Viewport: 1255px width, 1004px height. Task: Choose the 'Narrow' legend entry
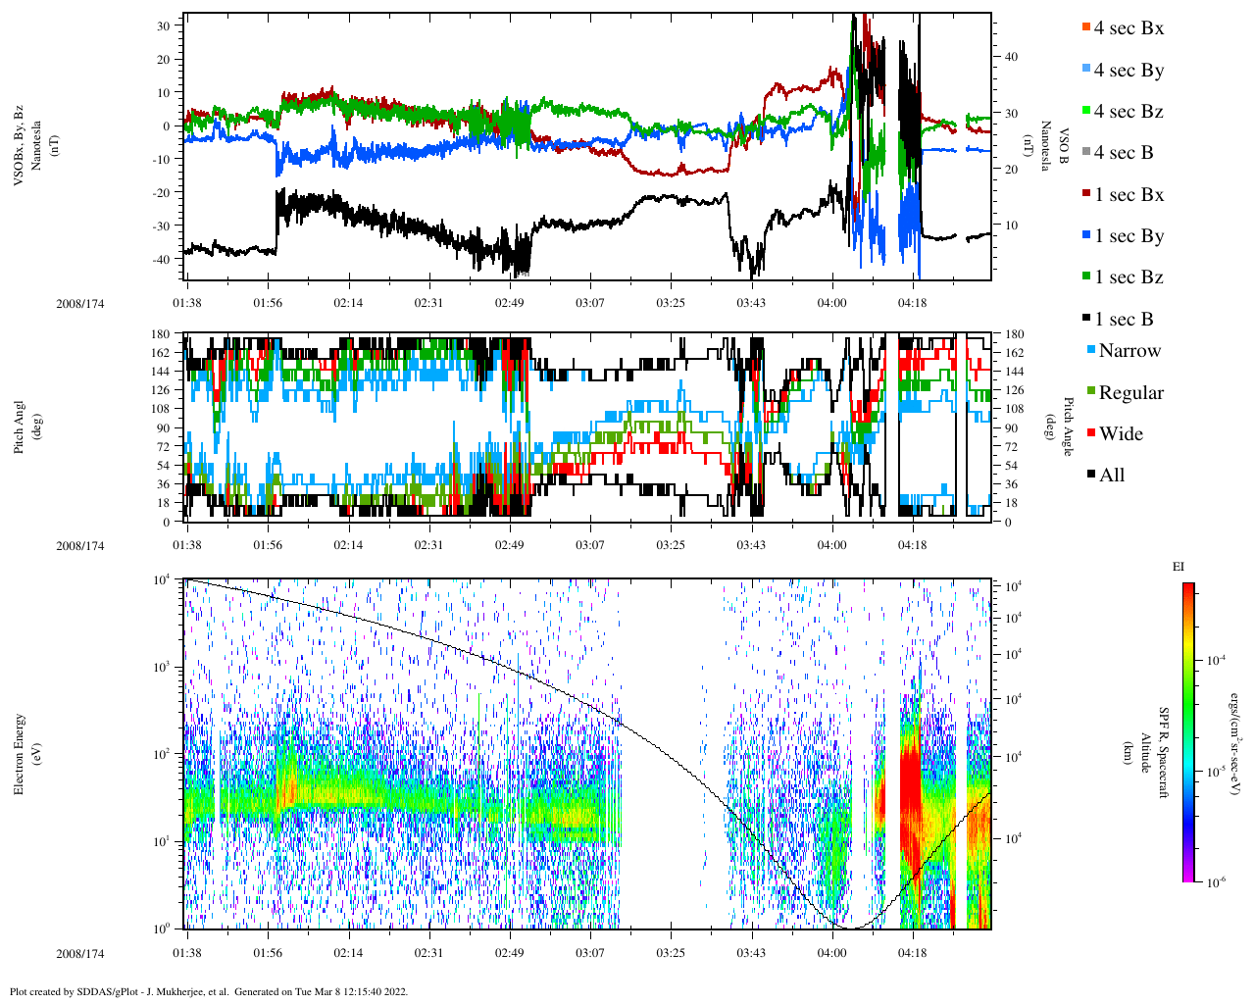click(x=1129, y=351)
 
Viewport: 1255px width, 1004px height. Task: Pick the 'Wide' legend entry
click(x=1121, y=434)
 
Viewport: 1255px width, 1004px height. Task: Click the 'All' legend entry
click(x=1111, y=476)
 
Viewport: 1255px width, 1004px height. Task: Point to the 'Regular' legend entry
click(x=1130, y=393)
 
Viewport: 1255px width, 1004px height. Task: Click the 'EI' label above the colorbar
click(x=1179, y=567)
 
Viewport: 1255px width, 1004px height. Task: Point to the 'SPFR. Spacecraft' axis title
click(x=1165, y=753)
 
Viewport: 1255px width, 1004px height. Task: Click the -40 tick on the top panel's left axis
click(x=164, y=259)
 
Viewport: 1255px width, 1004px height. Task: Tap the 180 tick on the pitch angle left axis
click(x=160, y=334)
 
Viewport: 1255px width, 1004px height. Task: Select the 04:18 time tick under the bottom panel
click(x=912, y=953)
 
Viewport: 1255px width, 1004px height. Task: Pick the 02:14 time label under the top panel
click(x=348, y=303)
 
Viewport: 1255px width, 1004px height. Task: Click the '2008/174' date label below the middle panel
click(x=80, y=546)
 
